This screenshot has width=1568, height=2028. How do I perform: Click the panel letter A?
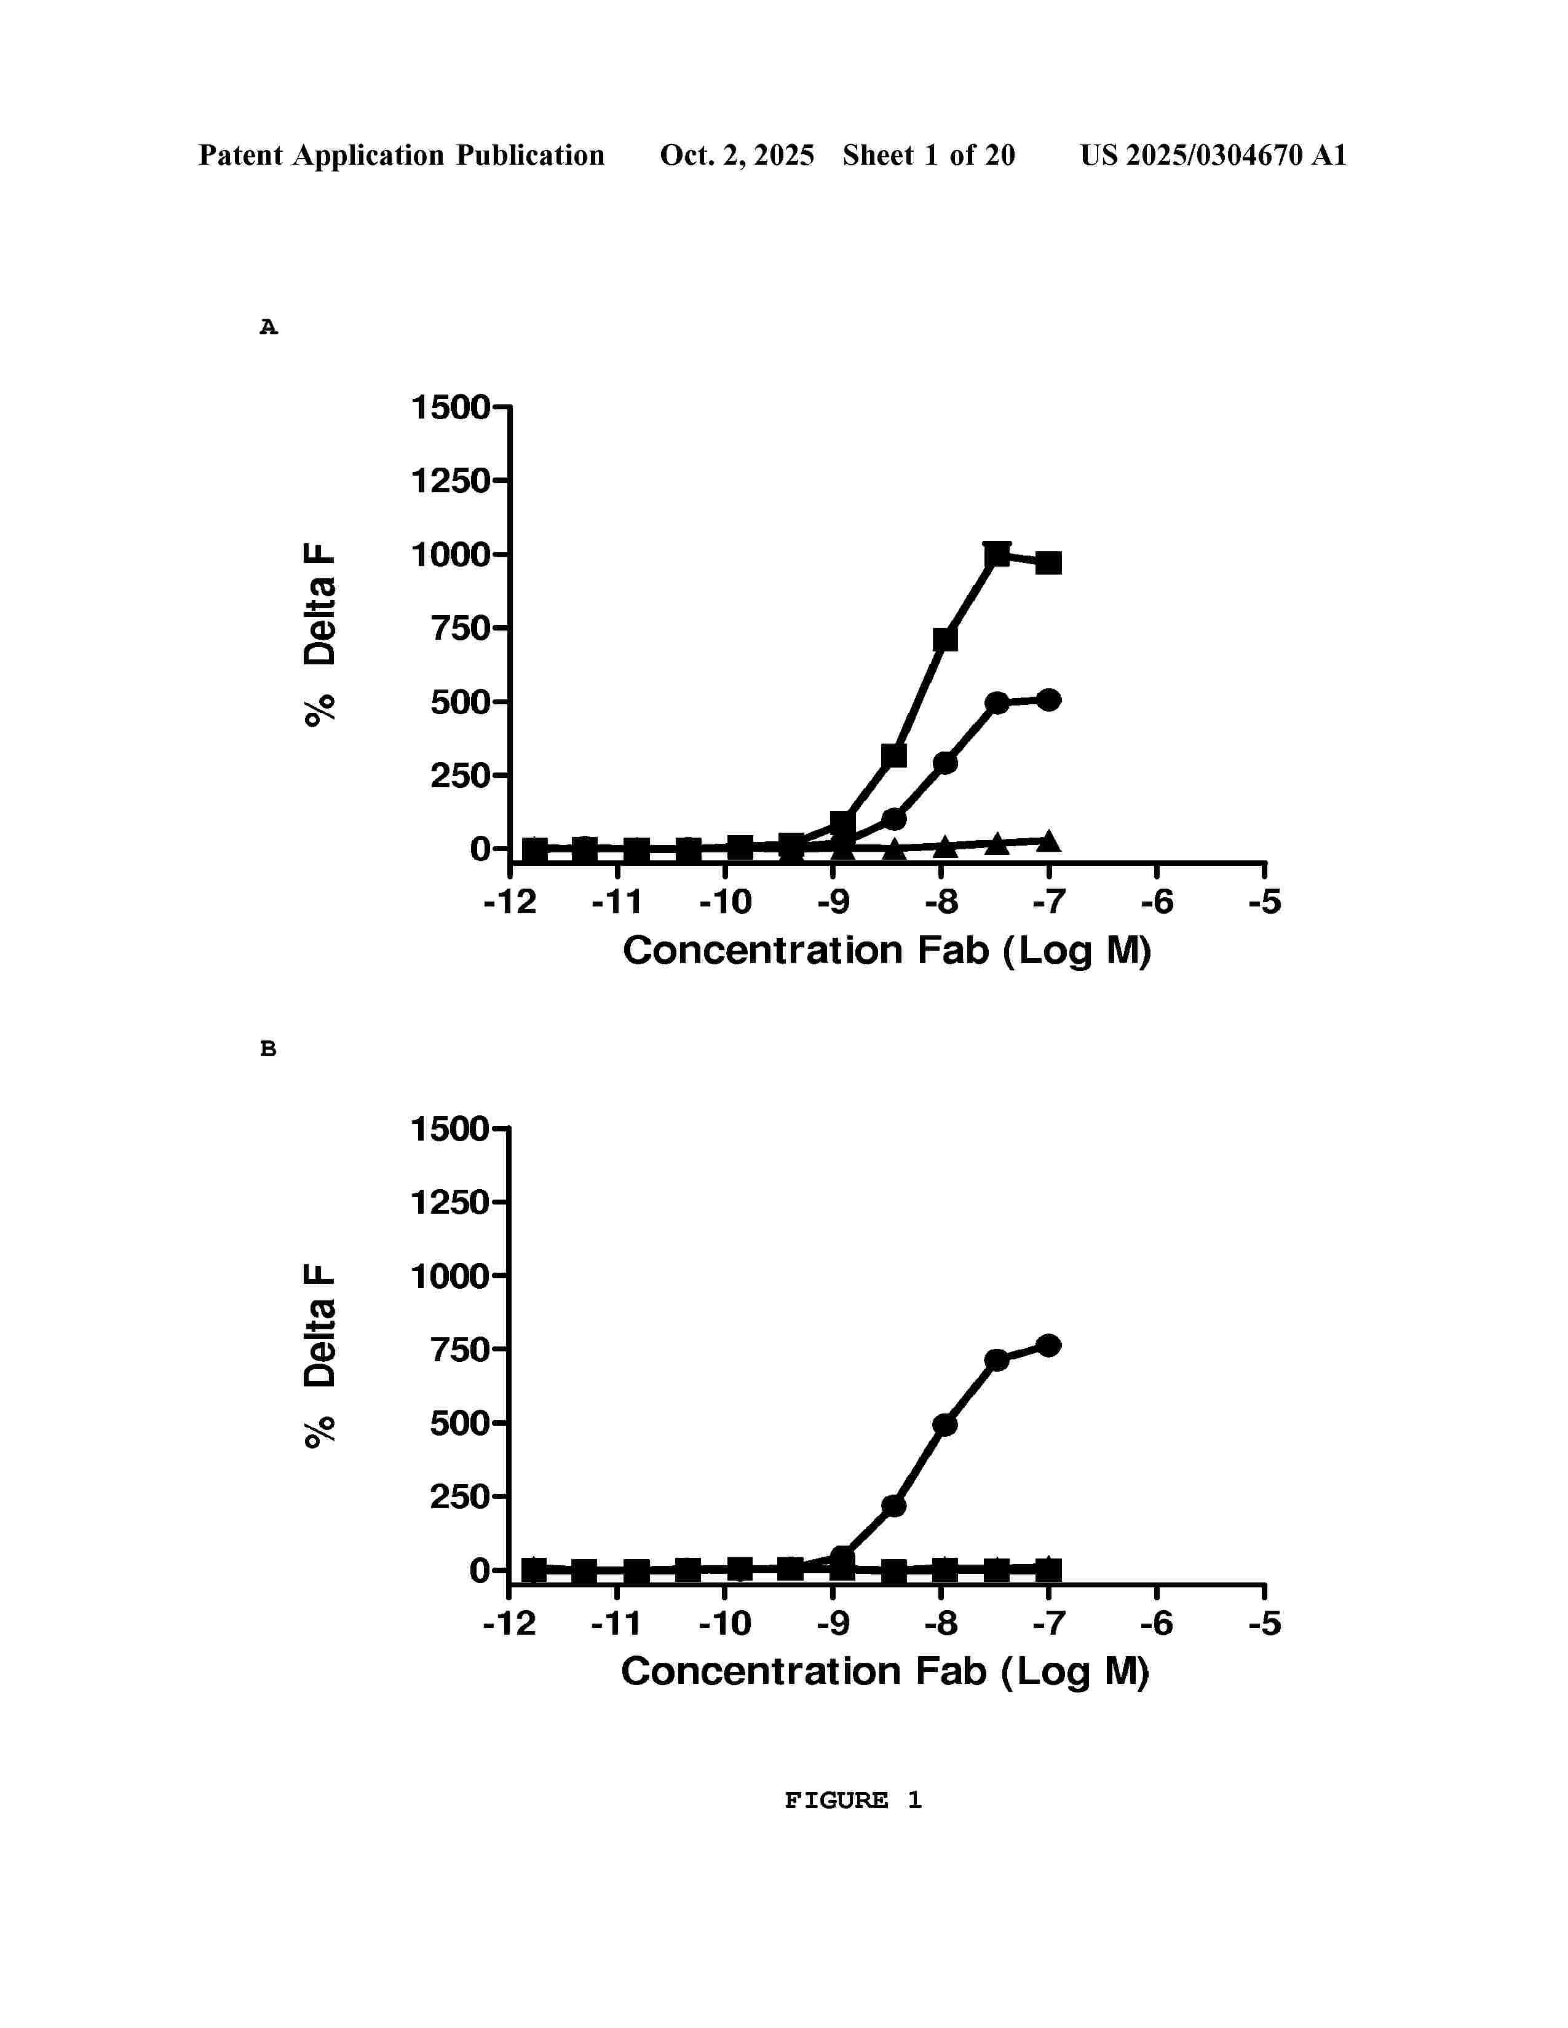pyautogui.click(x=269, y=327)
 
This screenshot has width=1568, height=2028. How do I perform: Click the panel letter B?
pyautogui.click(x=269, y=1048)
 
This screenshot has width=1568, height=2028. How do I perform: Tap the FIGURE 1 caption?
pyautogui.click(x=853, y=1799)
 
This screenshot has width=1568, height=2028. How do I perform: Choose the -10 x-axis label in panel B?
pyautogui.click(x=724, y=1623)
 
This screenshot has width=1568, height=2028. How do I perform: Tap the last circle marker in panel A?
pyautogui.click(x=1049, y=700)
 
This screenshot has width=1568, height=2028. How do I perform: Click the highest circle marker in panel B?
pyautogui.click(x=1049, y=1345)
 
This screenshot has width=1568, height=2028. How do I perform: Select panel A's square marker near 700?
pyautogui.click(x=944, y=639)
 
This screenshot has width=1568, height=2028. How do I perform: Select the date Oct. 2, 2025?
pyautogui.click(x=737, y=155)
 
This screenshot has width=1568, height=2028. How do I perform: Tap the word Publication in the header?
pyautogui.click(x=529, y=155)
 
